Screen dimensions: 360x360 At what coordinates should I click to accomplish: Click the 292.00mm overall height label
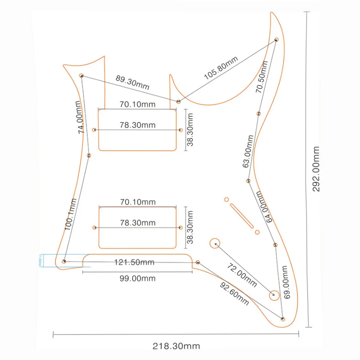(316, 169)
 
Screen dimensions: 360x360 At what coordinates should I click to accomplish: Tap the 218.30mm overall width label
(176, 346)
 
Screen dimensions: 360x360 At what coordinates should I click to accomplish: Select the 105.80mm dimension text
(221, 68)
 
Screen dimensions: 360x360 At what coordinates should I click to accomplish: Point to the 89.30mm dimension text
(132, 83)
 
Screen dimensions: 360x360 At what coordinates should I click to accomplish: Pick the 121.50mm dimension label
(134, 262)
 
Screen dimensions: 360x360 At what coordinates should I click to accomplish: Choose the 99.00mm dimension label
(138, 278)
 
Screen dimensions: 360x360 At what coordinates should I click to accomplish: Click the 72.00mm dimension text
(242, 275)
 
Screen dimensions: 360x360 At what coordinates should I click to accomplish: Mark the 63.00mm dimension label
(248, 152)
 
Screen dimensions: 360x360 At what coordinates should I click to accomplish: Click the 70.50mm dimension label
(262, 77)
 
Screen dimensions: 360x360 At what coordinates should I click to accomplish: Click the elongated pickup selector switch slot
(241, 215)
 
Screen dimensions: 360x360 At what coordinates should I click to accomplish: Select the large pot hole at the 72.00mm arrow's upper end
(215, 243)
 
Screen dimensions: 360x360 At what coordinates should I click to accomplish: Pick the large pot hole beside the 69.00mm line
(274, 295)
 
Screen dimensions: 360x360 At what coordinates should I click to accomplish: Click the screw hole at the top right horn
(276, 39)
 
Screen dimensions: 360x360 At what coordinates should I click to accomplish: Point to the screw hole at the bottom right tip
(283, 319)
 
